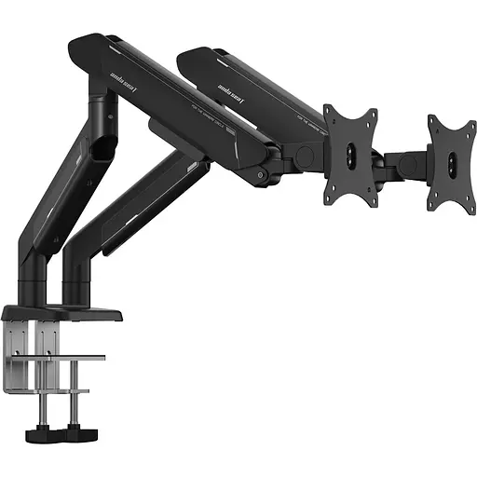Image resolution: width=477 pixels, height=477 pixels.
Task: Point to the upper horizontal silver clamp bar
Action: pyautogui.click(x=70, y=357)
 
